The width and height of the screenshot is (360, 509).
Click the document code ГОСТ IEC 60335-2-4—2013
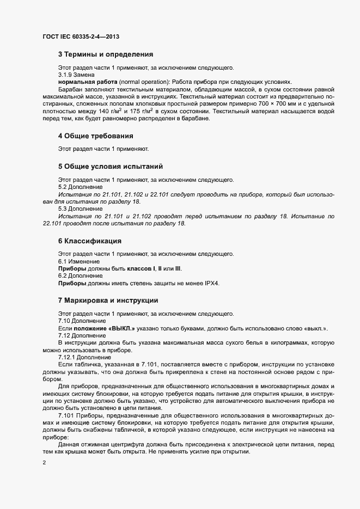pyautogui.click(x=81, y=37)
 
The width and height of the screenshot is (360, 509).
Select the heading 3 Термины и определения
pyautogui.click(x=106, y=54)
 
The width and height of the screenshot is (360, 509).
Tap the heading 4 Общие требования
pyautogui.click(x=96, y=135)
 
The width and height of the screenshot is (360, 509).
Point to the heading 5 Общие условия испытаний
pyautogui.click(x=111, y=166)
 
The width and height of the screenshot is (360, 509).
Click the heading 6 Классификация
pyautogui.click(x=89, y=241)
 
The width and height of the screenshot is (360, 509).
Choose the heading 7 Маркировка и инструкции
pyautogui.click(x=108, y=300)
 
